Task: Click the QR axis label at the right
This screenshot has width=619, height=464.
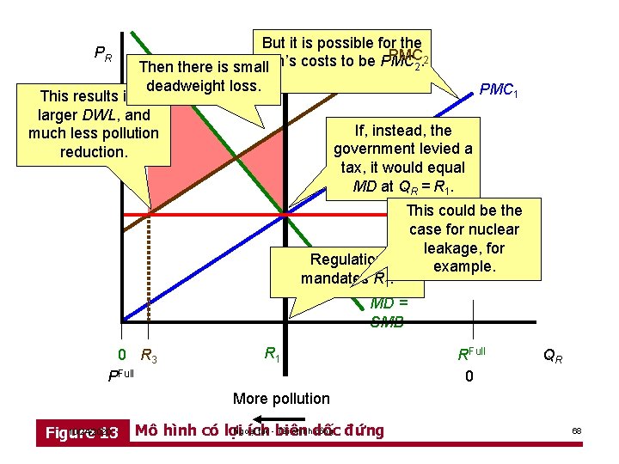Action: coord(555,355)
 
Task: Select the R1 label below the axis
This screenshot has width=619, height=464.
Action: coord(270,352)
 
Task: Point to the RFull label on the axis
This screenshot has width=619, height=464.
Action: coord(471,353)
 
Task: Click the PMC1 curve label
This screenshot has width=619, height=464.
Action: coord(499,89)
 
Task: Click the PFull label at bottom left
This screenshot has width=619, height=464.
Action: coord(121,375)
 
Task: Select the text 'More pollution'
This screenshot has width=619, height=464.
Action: coord(281,398)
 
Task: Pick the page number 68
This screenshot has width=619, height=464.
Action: coord(578,430)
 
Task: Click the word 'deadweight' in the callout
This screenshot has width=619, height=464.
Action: coord(182,86)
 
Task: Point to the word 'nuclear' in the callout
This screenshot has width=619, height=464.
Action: coord(493,229)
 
